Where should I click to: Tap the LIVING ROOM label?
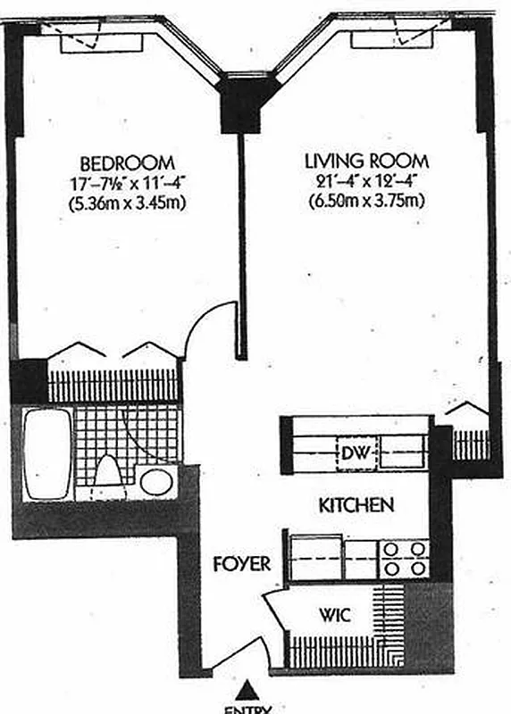(x=367, y=162)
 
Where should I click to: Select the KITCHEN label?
(x=356, y=505)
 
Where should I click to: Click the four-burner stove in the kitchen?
(x=404, y=558)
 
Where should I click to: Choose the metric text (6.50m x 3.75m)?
(x=367, y=201)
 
